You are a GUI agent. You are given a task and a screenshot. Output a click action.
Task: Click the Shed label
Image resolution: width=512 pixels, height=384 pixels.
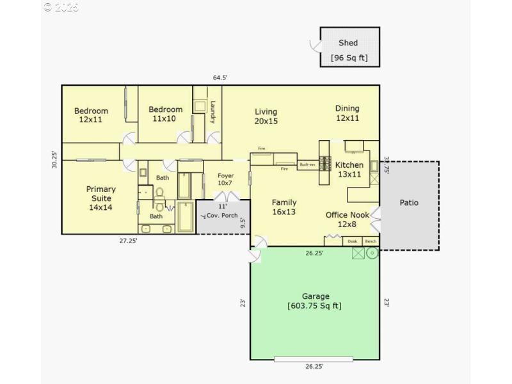349,44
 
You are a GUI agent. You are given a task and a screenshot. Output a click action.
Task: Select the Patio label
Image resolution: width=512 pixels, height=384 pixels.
409,203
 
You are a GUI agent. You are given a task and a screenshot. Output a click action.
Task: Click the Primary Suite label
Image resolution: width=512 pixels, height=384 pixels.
101,198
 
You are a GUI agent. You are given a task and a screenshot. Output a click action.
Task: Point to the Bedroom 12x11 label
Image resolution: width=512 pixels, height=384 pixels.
91,115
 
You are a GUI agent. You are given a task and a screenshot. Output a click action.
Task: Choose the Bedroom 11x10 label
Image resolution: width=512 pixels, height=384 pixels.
165,114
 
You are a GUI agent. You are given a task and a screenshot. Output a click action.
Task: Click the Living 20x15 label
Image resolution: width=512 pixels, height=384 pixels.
266,116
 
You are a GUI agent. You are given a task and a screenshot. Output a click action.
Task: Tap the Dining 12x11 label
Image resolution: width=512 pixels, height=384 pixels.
348,113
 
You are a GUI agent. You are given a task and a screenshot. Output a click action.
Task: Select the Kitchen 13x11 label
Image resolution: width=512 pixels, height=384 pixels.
349,170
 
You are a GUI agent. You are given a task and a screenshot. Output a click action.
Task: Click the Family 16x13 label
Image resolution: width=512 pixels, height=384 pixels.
284,207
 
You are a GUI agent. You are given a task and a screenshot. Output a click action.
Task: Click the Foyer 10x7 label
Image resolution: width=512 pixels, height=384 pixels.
225,179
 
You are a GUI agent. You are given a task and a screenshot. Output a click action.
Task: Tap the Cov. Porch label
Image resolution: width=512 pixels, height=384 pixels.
221,216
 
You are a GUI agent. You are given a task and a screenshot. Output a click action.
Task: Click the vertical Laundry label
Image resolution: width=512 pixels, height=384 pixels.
213,113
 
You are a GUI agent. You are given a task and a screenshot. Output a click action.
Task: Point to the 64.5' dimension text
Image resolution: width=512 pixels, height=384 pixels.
220,77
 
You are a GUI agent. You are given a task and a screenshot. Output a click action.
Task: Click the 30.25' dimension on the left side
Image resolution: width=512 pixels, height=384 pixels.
55,159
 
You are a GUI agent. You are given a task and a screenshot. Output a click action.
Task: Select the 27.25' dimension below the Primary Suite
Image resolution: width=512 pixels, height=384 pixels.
128,241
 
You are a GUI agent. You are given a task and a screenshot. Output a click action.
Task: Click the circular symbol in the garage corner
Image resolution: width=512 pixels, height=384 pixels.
372,253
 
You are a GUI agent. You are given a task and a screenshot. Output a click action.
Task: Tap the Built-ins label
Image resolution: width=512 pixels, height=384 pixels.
308,164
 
